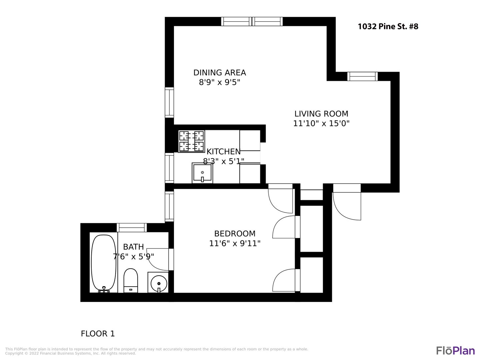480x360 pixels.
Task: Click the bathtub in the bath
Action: tap(103, 263)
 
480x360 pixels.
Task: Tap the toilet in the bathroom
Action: tap(131, 280)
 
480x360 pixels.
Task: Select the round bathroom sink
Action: tap(159, 283)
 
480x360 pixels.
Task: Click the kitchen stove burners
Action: tap(191, 141)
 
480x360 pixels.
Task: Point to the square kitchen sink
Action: tap(202, 173)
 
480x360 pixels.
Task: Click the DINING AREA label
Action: tap(220, 73)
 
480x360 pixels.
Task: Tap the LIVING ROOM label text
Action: tap(321, 114)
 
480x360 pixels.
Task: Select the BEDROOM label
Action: tap(235, 234)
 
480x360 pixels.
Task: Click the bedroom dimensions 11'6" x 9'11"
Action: tap(235, 243)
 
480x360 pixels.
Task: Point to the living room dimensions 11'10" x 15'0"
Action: tap(321, 123)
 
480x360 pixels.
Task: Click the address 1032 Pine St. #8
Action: tap(388, 26)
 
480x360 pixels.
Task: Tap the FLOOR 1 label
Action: tap(98, 334)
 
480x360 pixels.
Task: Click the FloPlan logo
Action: tap(455, 351)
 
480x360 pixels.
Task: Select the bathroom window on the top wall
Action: tap(132, 228)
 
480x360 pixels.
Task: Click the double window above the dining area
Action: tap(252, 21)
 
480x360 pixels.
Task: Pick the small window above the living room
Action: tap(362, 76)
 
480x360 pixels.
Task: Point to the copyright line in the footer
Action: tap(70, 353)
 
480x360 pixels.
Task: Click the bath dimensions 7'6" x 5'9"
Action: tap(133, 256)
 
